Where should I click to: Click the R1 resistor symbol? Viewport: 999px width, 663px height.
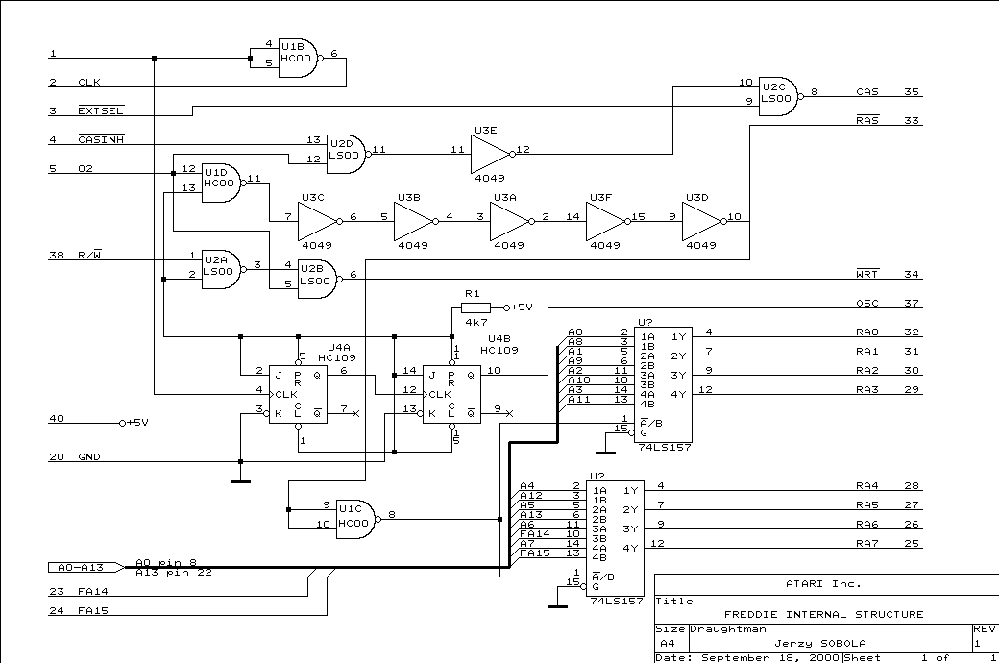click(475, 307)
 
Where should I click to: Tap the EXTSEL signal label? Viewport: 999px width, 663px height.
click(100, 111)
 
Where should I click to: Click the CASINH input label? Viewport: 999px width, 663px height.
click(100, 140)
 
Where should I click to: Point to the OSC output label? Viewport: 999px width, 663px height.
click(867, 304)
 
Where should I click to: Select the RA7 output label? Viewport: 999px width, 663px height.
click(866, 544)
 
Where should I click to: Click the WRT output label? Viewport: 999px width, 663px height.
click(866, 275)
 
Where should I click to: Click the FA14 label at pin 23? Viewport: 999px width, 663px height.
click(92, 592)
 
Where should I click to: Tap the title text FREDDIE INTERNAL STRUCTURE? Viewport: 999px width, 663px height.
click(823, 614)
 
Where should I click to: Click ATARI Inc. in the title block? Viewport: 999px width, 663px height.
click(823, 583)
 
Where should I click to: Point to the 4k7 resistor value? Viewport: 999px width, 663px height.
click(476, 322)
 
